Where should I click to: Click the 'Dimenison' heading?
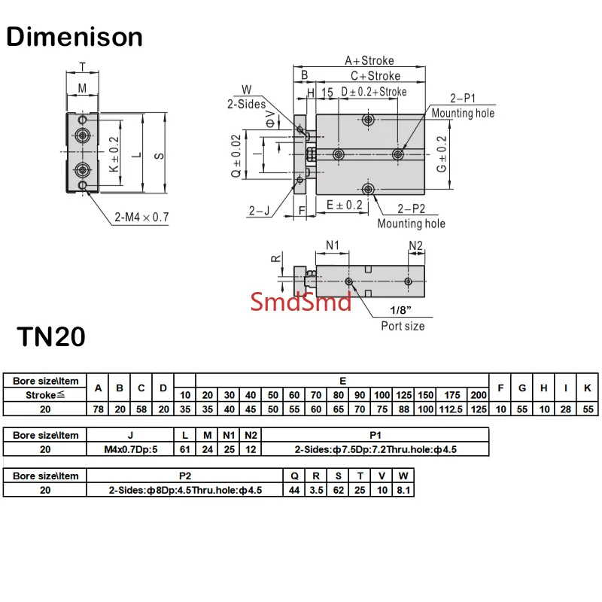74,37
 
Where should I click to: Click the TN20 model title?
51,336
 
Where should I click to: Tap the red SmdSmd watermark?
300,302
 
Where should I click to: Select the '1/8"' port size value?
400,310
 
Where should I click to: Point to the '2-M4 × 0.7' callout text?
141,217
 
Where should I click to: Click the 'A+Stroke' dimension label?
369,61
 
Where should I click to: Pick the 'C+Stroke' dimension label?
375,76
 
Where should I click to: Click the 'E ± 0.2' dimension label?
345,205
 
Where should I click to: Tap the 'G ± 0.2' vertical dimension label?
442,154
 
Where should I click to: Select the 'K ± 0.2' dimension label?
114,154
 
